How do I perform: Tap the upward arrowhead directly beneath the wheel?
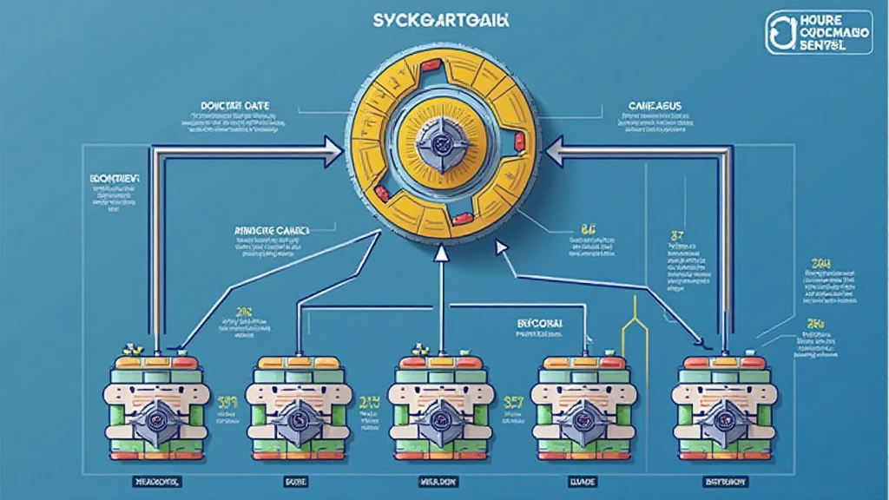coord(441,253)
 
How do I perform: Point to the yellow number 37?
coord(678,234)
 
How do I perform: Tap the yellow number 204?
coord(820,263)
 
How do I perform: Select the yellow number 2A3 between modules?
coord(370,403)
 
